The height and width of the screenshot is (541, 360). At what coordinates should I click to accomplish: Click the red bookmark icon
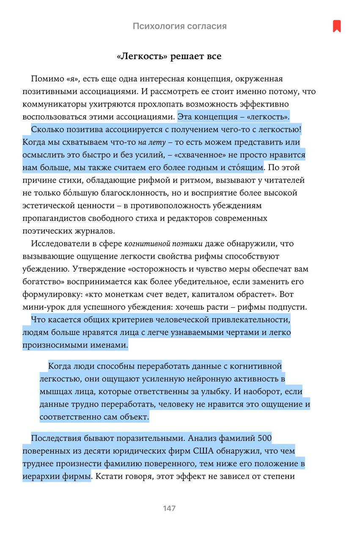336,26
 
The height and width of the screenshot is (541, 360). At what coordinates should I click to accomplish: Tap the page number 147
169,508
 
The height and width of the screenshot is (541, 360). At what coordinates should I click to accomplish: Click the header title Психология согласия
180,26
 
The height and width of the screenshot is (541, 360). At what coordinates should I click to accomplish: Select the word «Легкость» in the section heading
141,57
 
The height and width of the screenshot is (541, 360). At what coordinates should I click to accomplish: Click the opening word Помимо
47,79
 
